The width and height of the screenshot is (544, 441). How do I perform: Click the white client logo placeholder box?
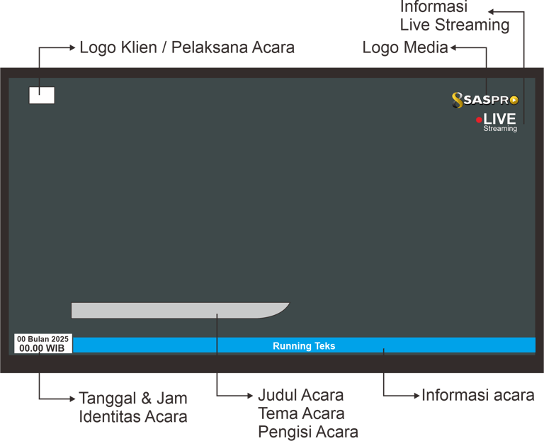[42, 96]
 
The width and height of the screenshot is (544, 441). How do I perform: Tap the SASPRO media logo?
[485, 101]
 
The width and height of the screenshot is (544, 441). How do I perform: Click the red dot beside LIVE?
[479, 120]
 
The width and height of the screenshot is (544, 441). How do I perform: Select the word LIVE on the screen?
[499, 119]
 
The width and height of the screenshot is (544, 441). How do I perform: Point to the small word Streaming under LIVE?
[500, 129]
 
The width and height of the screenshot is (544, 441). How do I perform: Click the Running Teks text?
[304, 346]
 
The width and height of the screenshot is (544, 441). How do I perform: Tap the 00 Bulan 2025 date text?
[43, 339]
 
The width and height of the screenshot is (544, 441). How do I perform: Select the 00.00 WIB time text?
[42, 348]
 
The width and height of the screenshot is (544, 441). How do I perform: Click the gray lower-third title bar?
[177, 310]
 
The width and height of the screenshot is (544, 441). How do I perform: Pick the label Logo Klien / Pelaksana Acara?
[187, 48]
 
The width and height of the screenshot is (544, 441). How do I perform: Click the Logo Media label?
[404, 47]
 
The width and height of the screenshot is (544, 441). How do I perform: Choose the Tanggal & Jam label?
[132, 397]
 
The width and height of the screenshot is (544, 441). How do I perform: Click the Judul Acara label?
[301, 395]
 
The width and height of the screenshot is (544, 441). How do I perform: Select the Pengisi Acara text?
[308, 432]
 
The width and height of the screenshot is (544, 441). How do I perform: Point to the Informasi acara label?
[477, 395]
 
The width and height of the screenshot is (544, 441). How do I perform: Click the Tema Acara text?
[301, 413]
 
